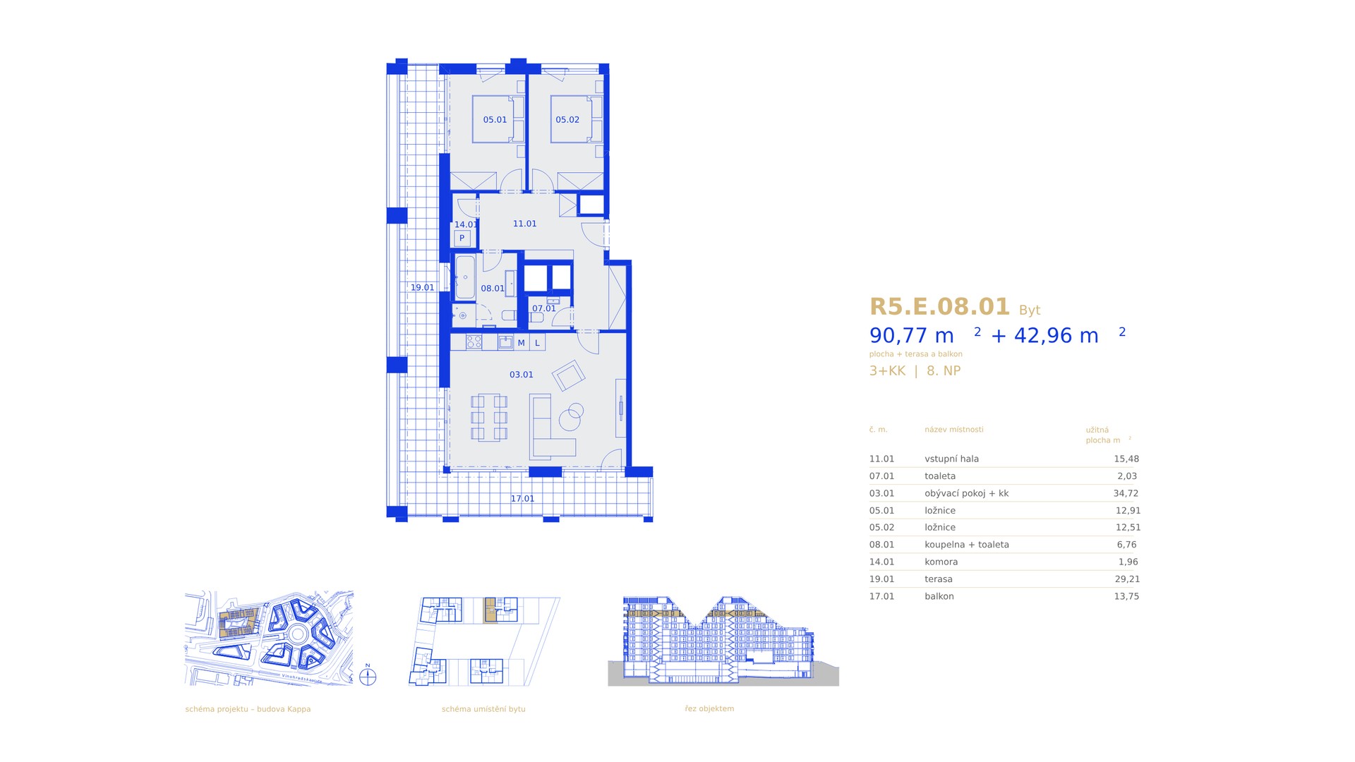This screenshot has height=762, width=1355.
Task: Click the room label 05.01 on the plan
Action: coord(495,120)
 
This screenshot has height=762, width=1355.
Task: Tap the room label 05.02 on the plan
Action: coord(567,120)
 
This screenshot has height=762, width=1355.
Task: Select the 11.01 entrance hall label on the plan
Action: coord(524,224)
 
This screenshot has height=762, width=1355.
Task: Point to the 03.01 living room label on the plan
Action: coord(522,375)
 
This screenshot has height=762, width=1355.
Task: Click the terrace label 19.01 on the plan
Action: coord(423,288)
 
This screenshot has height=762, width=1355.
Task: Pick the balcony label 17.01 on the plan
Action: coord(522,499)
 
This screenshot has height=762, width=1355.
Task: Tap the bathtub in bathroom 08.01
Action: coord(464,277)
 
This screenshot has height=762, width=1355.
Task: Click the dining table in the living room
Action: coord(489,418)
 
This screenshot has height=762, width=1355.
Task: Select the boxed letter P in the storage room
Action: coord(462,238)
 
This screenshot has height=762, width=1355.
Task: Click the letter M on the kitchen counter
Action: coord(522,343)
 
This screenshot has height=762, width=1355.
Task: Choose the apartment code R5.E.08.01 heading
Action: coord(940,307)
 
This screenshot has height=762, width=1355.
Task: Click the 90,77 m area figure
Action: coord(912,336)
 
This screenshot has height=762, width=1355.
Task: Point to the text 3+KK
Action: coord(887,371)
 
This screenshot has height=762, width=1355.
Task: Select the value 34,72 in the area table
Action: coord(1126,493)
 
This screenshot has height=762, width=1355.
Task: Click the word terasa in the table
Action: coord(939,579)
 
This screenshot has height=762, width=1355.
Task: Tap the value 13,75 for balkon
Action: coord(1126,596)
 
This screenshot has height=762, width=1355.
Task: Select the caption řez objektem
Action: coord(709,708)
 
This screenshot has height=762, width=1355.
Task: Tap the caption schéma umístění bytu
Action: coord(483,709)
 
